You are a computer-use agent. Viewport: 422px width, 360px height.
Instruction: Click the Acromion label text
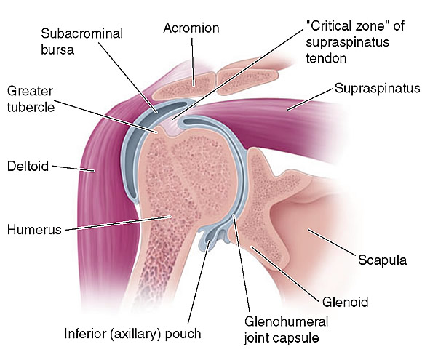click(191, 28)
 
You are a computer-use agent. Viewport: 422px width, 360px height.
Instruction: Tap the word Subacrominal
click(81, 33)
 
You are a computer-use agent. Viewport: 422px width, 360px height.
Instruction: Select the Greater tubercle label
click(31, 99)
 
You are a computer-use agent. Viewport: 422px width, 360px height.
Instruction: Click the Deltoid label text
click(28, 166)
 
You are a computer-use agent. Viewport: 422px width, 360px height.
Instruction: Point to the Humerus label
click(34, 230)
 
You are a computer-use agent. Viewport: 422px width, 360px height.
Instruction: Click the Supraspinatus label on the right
click(378, 88)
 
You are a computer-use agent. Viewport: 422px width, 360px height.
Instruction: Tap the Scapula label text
click(382, 260)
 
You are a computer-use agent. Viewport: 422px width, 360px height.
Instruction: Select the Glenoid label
click(345, 302)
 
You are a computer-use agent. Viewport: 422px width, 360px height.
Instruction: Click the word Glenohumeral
click(286, 321)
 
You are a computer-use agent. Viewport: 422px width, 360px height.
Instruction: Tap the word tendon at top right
click(326, 58)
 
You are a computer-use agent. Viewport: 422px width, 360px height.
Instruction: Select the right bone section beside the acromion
click(248, 81)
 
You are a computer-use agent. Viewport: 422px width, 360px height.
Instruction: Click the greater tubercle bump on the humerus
click(162, 131)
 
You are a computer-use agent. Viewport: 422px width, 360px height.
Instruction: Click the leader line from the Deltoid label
click(73, 168)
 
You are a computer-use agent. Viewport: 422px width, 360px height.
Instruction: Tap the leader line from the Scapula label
click(331, 241)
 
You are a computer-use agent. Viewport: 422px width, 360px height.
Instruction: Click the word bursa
click(57, 49)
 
